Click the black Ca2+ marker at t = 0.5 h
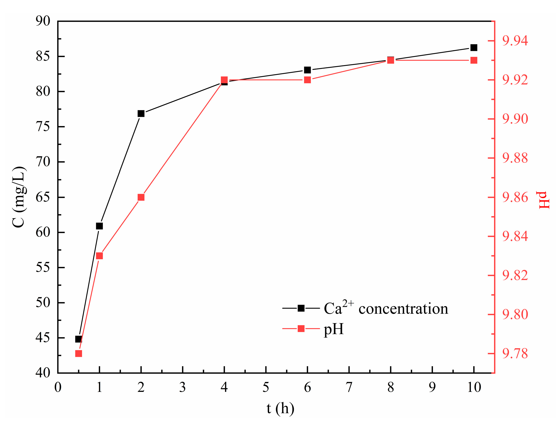click(79, 339)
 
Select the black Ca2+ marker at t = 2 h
click(141, 114)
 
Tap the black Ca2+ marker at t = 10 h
click(474, 48)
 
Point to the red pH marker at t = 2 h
click(141, 197)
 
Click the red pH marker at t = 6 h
click(307, 80)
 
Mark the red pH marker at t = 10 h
click(474, 61)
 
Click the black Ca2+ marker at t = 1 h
click(100, 226)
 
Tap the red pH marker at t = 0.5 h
click(79, 354)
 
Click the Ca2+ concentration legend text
click(386, 308)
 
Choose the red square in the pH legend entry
click(301, 329)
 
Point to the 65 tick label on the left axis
click(43, 197)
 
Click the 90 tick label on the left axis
click(43, 21)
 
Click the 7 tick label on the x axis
click(349, 387)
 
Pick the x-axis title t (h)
click(280, 408)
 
